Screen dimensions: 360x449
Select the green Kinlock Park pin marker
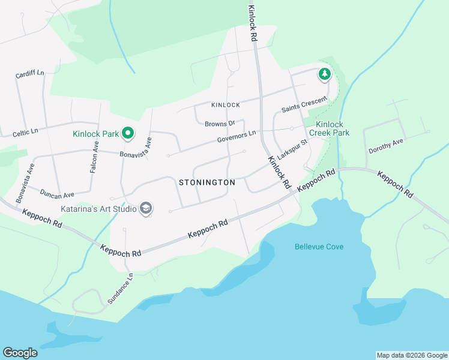127,133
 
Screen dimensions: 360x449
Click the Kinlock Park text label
96,134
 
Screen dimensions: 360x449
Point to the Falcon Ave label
94,161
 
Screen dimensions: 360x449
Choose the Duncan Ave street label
56,194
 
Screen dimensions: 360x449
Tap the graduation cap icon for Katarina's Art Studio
145,208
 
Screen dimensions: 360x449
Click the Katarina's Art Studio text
98,209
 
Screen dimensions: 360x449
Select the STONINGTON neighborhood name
203,182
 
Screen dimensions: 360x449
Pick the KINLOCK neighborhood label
226,105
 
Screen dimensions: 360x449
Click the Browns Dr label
219,124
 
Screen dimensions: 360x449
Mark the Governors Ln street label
237,136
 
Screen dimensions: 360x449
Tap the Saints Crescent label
304,106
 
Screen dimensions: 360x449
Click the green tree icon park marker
325,74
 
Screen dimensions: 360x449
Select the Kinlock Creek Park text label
328,128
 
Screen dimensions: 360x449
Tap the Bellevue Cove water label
319,247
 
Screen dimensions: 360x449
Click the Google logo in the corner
20,353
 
